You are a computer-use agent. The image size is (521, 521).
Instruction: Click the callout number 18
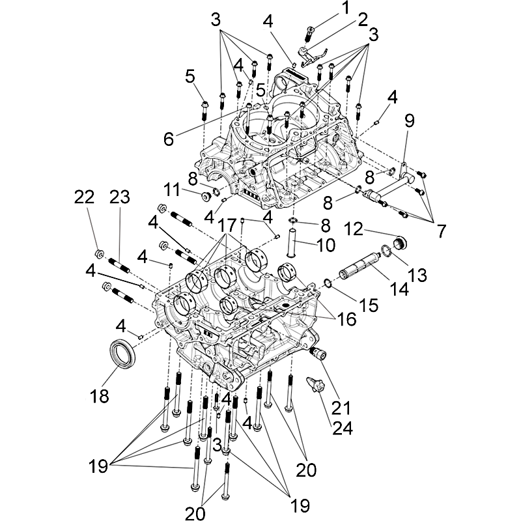point(100,396)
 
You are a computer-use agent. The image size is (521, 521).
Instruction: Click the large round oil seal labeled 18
point(122,355)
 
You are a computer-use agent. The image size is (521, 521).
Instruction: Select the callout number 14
point(400,288)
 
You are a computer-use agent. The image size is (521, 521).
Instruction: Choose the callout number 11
point(172,190)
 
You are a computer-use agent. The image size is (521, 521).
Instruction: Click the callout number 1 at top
point(345,7)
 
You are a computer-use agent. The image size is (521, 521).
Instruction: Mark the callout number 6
point(168,138)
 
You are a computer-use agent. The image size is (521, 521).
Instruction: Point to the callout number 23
point(119,196)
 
